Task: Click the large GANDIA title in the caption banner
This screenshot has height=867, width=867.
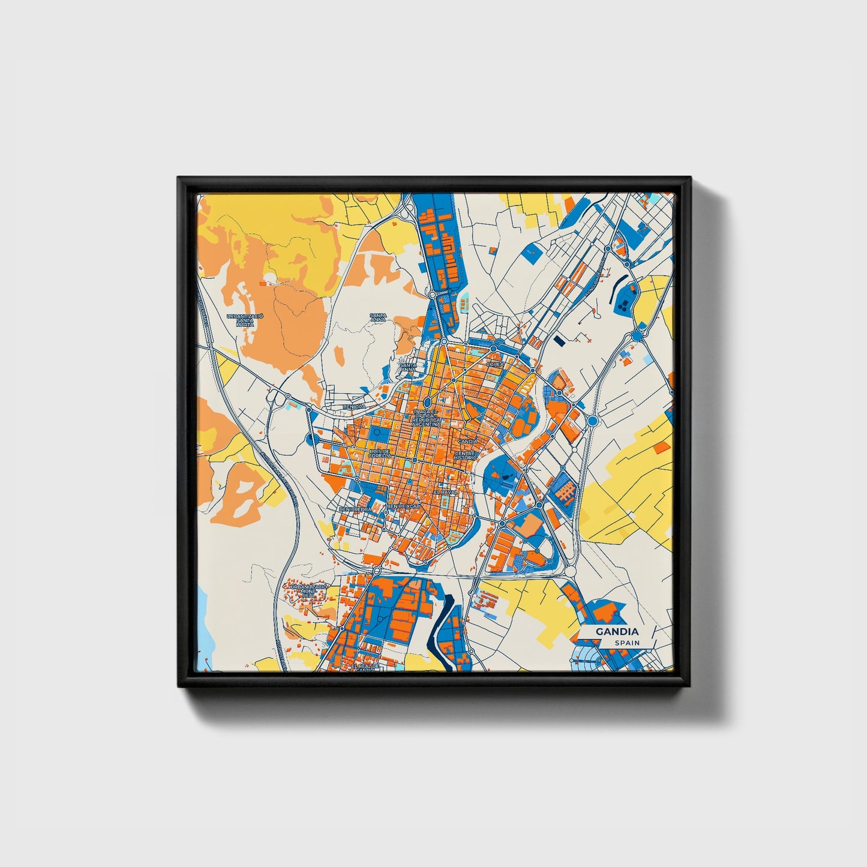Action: tap(617, 632)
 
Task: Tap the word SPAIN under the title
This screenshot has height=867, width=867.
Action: tap(626, 643)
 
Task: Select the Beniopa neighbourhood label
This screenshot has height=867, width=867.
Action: tap(353, 406)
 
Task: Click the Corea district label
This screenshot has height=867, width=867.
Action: tap(496, 364)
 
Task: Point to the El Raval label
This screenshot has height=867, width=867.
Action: tap(445, 492)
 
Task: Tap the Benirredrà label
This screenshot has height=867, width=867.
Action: tap(352, 509)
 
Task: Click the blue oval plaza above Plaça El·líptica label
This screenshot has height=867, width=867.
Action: tap(427, 402)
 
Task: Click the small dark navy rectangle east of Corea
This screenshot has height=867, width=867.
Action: tap(559, 340)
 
